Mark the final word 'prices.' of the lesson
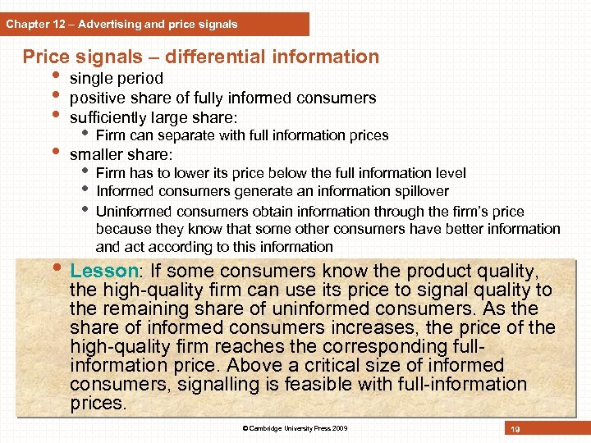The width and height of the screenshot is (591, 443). coord(98,403)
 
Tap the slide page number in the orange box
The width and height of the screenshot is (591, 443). coord(515,429)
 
